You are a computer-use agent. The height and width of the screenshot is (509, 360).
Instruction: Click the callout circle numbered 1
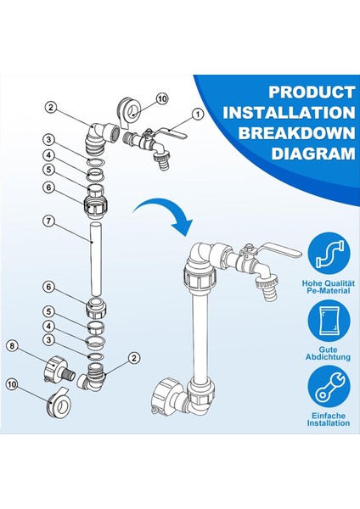coord(198,113)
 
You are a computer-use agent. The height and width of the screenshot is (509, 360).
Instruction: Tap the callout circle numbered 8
coord(13,345)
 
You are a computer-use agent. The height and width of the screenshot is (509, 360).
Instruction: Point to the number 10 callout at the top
coord(162,99)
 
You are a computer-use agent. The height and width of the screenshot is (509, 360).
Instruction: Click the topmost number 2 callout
coord(51,107)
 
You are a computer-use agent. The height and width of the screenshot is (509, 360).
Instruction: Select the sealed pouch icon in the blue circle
coord(329,327)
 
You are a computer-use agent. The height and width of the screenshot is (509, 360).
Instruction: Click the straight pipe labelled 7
coord(94,254)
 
